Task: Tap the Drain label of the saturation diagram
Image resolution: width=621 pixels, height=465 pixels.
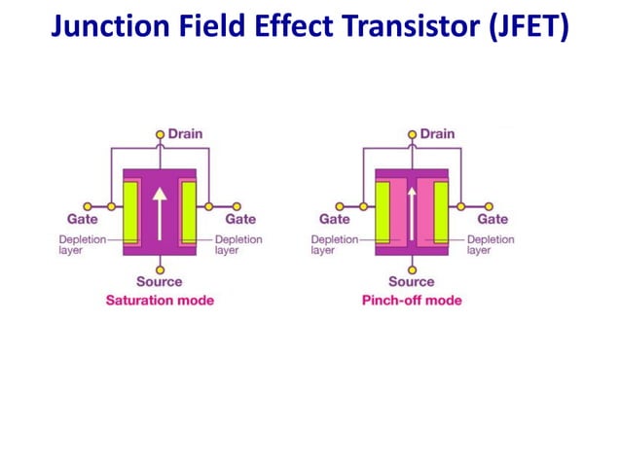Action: [x=185, y=133]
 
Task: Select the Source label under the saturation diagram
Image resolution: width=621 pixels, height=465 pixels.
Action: [x=160, y=282]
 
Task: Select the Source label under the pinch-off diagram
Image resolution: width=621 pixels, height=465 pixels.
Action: [x=412, y=282]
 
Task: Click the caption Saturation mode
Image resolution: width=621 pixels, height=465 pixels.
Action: [x=160, y=301]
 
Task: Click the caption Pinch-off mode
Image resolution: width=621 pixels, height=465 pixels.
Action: [x=412, y=301]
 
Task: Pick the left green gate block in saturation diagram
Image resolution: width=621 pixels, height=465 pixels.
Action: [x=130, y=210]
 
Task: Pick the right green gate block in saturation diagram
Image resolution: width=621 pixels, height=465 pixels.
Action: [x=189, y=210]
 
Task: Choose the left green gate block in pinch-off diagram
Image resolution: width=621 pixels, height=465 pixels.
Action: [x=383, y=210]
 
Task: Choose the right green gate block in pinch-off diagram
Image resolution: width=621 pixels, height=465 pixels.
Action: [x=441, y=210]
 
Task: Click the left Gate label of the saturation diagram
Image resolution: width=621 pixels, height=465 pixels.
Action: [x=82, y=220]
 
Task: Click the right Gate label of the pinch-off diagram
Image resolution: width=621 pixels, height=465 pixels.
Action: [x=493, y=220]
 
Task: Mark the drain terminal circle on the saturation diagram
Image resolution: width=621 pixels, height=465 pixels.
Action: [x=160, y=134]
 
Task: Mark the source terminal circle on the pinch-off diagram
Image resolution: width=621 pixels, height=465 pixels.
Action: [x=412, y=268]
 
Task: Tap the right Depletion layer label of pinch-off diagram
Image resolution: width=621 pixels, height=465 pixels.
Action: [x=491, y=244]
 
